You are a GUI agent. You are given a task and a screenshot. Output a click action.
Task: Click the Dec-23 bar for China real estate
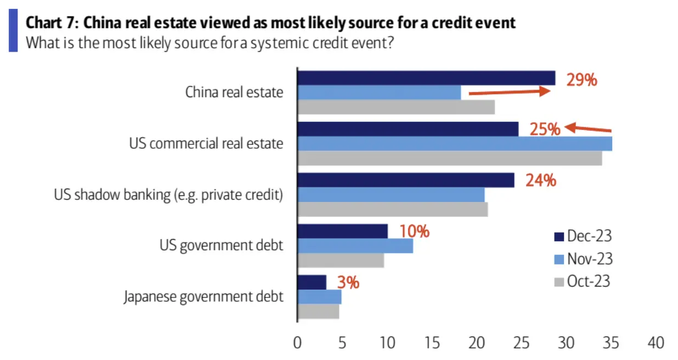pos(426,78)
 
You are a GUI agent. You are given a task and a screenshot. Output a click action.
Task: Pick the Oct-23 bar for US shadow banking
pos(392,209)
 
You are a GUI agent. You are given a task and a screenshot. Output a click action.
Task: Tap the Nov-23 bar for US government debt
pos(355,246)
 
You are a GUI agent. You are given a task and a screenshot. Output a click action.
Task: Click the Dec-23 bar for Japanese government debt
pos(312,282)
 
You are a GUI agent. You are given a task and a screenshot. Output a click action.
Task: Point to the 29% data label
pos(581,81)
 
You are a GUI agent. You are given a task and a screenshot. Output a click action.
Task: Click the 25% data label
pos(545,130)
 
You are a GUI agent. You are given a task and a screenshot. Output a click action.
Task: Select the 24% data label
pos(541,180)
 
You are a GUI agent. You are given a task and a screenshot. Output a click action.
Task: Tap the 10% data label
pos(414,231)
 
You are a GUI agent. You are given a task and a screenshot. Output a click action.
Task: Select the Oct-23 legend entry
pos(582,282)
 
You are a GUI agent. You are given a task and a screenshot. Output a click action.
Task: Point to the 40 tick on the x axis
pos(656,343)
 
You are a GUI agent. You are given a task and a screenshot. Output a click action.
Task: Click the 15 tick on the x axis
pos(432,343)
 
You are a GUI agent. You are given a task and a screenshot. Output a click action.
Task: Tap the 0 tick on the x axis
pos(297,343)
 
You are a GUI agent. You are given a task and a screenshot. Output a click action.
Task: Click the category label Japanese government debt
pos(203,297)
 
